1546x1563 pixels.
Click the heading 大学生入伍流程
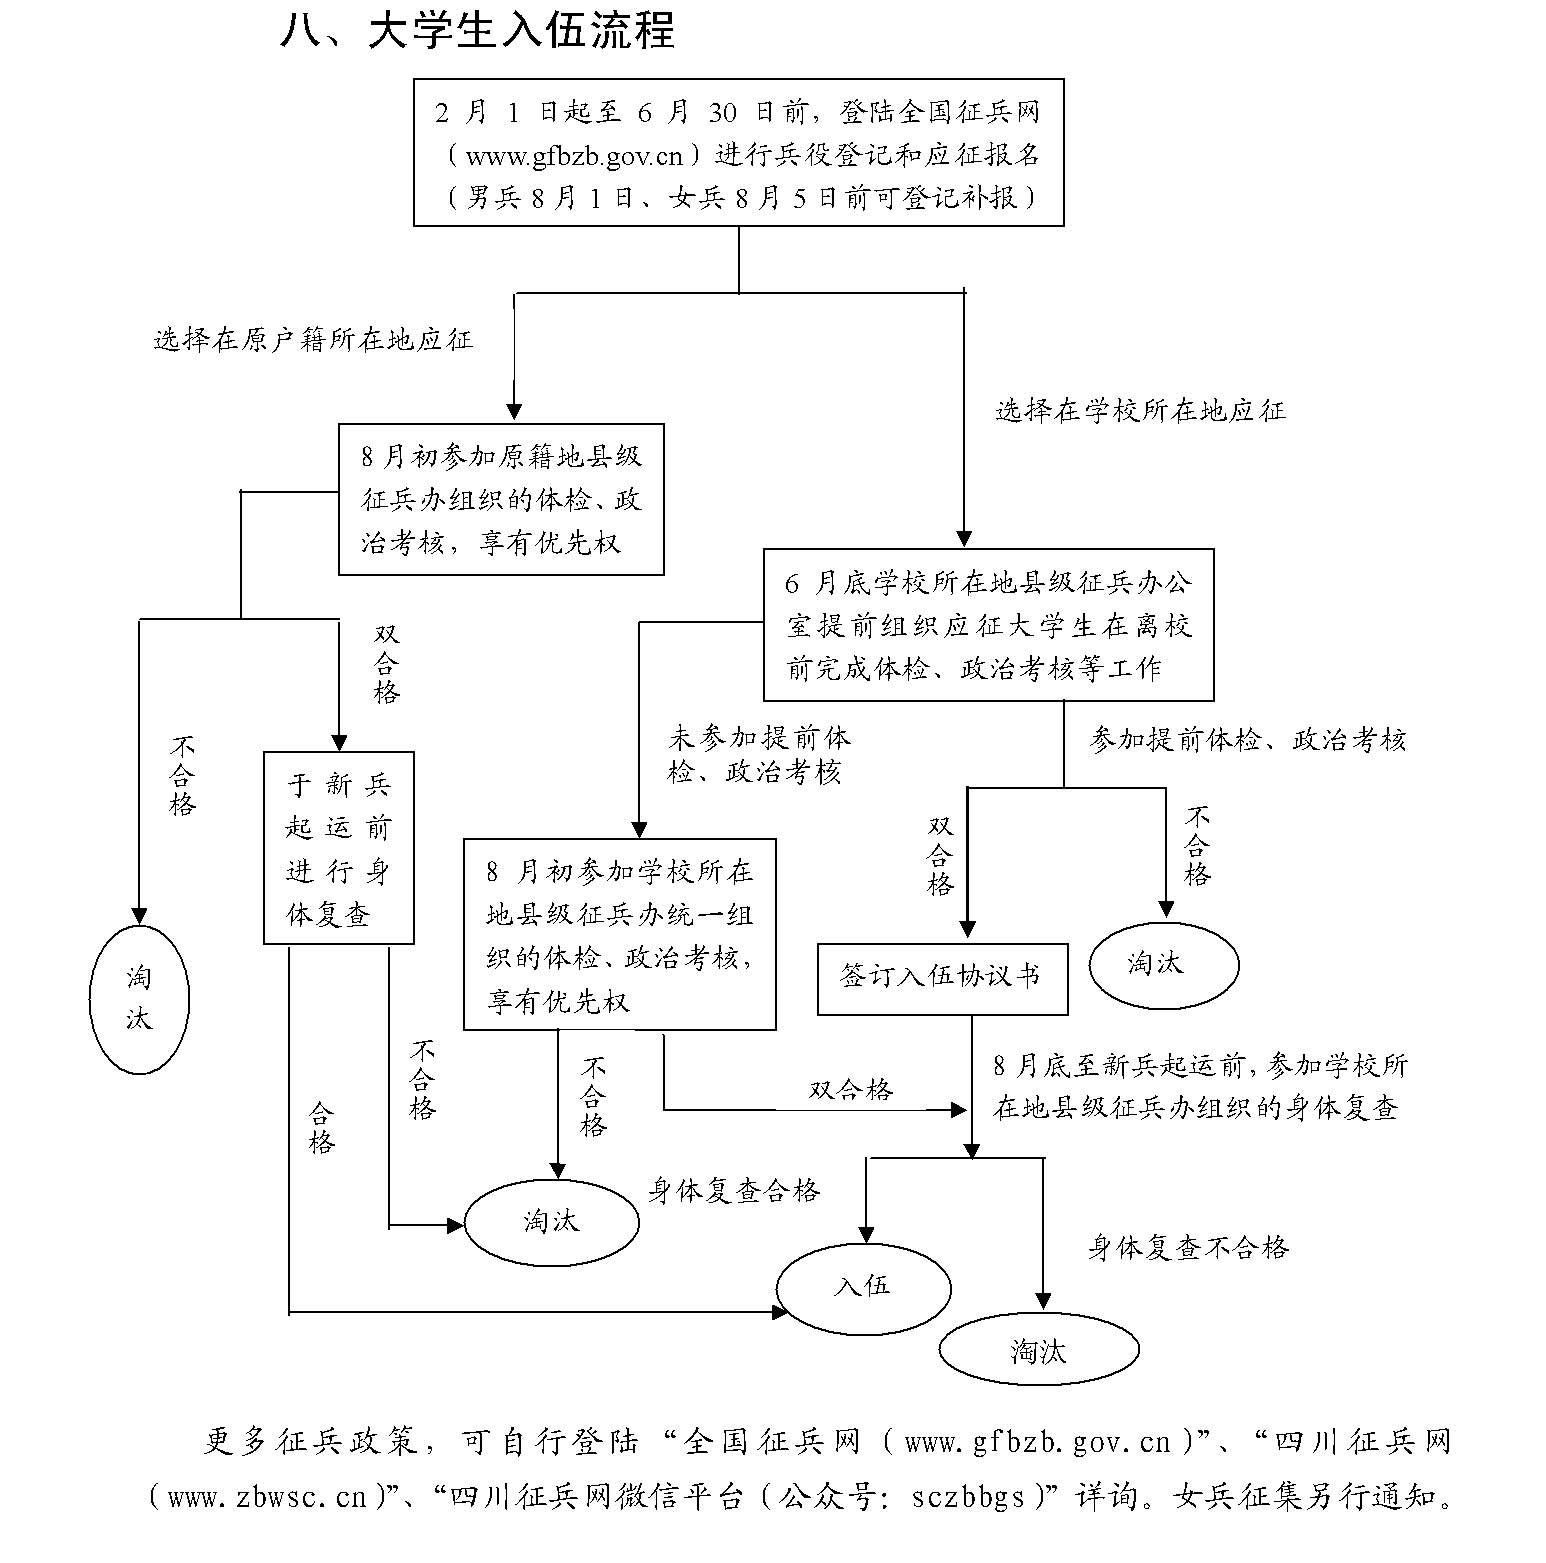point(520,32)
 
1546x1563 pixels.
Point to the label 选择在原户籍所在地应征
point(313,340)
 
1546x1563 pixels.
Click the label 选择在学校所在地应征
point(1140,411)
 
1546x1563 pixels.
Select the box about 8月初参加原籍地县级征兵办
point(501,500)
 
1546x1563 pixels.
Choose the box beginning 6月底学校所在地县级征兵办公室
point(989,625)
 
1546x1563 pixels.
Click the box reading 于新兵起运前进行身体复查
point(339,848)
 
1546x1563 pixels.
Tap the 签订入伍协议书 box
point(943,979)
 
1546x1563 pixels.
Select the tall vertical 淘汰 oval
point(139,1000)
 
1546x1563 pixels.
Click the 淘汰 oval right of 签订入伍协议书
point(1164,966)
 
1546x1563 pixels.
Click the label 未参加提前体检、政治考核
point(760,756)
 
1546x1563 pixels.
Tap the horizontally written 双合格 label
point(851,1090)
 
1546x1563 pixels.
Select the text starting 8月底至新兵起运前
point(1200,1087)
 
